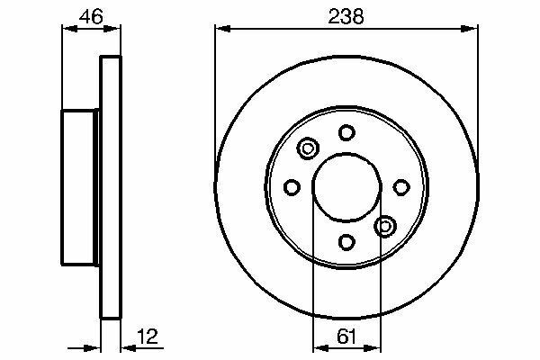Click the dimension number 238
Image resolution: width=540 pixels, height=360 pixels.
tap(346, 16)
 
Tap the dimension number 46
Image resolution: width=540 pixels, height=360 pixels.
tap(91, 16)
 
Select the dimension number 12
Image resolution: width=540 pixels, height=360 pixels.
tap(148, 337)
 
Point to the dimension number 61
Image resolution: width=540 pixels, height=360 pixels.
tap(346, 337)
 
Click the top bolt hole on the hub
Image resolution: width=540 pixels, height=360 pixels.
tap(346, 132)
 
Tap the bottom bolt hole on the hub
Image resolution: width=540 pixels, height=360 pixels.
tap(346, 242)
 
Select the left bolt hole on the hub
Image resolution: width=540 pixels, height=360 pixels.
tap(292, 187)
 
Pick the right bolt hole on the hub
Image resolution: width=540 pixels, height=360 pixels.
tap(401, 187)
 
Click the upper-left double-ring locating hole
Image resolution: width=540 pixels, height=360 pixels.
tap(308, 148)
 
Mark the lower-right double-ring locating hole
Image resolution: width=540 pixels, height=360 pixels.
tap(385, 226)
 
